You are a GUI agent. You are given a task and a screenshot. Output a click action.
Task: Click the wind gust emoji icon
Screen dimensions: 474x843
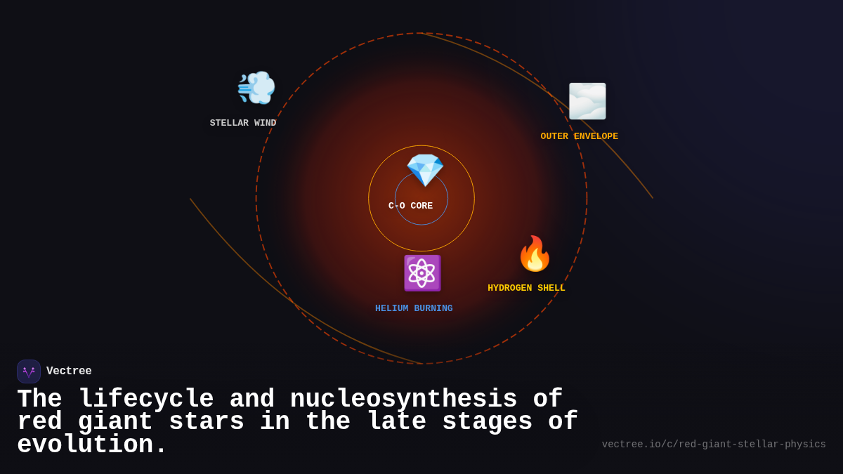tap(256, 88)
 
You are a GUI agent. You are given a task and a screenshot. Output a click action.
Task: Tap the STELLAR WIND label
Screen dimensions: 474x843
tap(243, 124)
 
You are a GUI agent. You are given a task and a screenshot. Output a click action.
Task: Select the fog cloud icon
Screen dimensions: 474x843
tap(587, 101)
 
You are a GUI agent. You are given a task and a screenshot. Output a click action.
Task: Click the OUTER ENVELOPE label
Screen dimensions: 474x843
tap(579, 137)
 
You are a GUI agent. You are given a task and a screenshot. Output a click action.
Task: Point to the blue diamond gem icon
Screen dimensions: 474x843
tap(425, 170)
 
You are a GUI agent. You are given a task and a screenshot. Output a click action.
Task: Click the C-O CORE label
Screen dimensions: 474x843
tap(411, 206)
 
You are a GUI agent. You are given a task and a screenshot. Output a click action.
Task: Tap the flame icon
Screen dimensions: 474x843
tap(535, 254)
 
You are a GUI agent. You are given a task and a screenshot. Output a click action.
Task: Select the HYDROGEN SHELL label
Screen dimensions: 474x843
tap(526, 289)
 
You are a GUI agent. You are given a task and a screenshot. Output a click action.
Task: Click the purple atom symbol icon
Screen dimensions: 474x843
tap(421, 273)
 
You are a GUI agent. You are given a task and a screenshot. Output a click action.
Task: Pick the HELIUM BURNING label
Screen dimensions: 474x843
tap(414, 309)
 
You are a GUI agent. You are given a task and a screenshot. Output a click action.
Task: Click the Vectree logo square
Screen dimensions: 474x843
tap(29, 371)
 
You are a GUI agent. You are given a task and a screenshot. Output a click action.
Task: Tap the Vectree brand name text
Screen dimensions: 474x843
tap(69, 371)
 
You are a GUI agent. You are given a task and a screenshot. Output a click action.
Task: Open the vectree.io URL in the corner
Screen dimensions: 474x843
tap(714, 445)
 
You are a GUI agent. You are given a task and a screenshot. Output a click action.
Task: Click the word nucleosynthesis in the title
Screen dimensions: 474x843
tap(403, 400)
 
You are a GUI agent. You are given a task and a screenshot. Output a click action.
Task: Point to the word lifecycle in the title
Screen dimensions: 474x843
tap(146, 400)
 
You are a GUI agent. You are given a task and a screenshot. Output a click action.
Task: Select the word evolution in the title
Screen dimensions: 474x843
tap(91, 445)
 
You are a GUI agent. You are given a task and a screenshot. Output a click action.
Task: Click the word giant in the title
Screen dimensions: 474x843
tap(115, 422)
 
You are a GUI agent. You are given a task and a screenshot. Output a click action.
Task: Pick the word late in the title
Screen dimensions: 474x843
tap(396, 422)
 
